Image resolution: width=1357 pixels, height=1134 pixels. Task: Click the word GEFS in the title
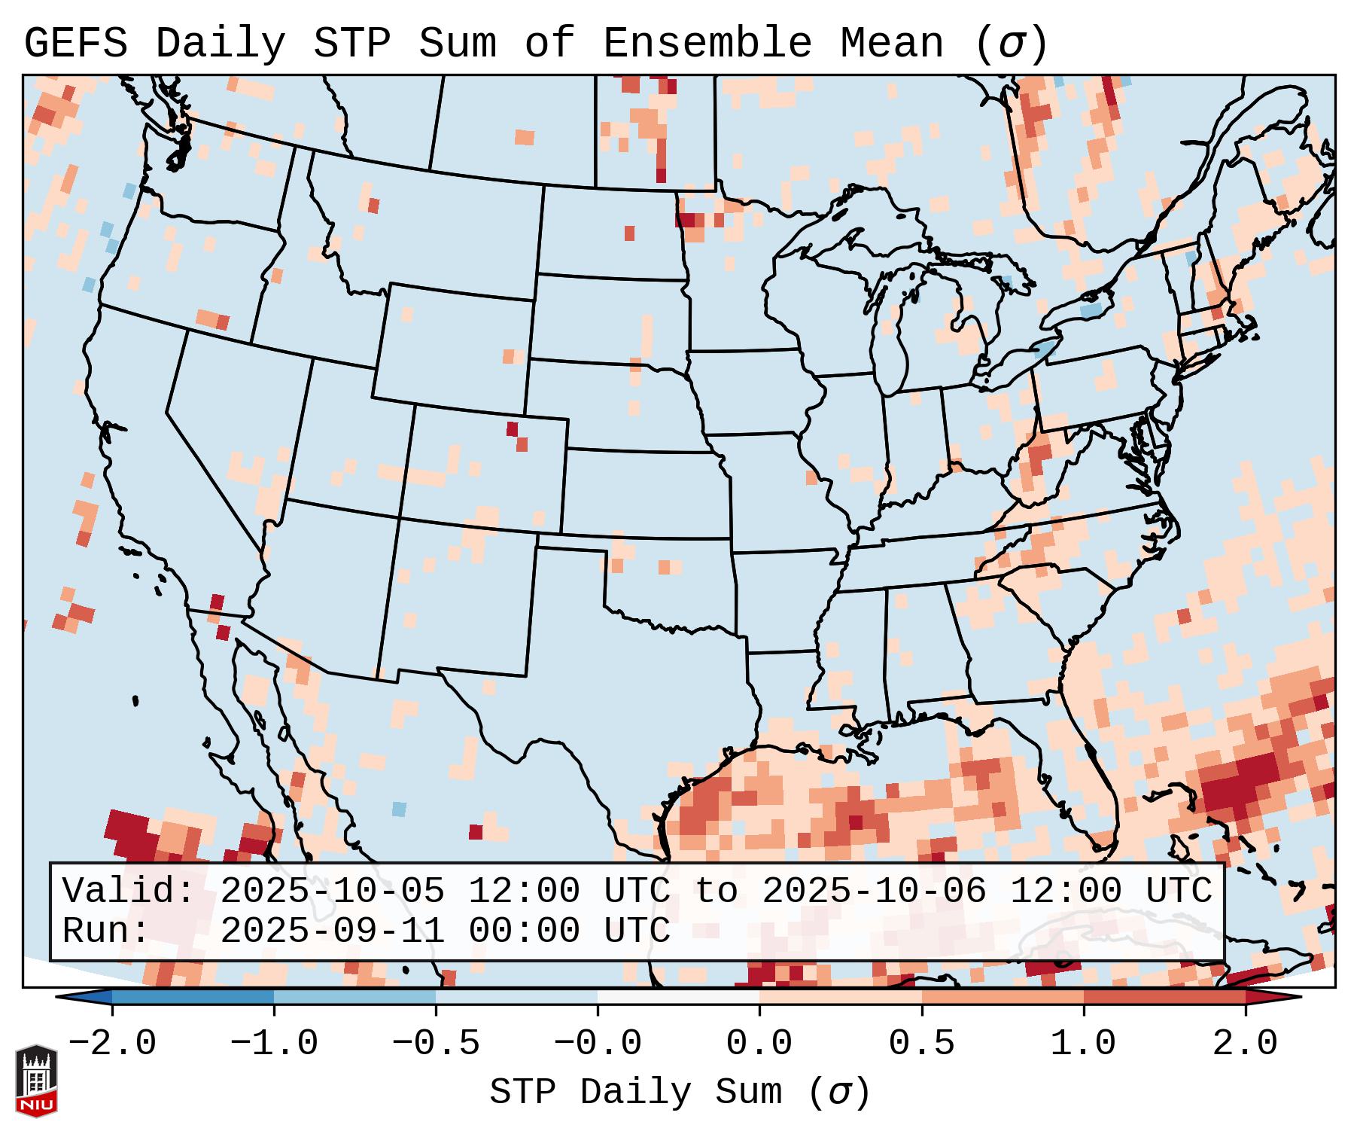[75, 44]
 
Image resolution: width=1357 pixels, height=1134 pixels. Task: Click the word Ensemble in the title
[707, 44]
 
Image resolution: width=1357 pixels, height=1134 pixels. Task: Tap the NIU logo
[36, 1080]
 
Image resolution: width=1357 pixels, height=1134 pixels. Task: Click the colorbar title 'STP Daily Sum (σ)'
[680, 1093]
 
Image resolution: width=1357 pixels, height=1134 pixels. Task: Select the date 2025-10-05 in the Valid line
[332, 892]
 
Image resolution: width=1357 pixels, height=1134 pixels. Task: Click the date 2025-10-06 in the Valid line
[874, 892]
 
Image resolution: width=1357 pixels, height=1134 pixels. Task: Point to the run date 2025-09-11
[332, 931]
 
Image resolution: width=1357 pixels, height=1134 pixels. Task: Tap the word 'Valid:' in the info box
[129, 892]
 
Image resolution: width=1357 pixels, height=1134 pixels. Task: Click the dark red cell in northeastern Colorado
[513, 429]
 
